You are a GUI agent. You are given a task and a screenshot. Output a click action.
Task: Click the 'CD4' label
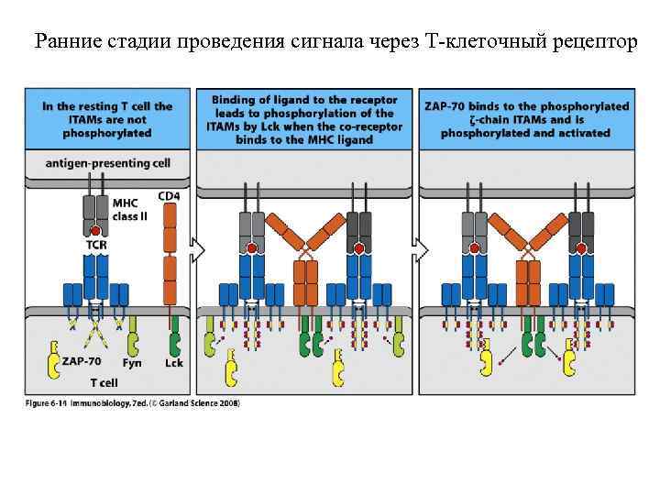click(169, 195)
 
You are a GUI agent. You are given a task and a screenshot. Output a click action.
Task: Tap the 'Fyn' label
click(132, 363)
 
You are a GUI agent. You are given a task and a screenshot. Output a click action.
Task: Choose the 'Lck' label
click(173, 363)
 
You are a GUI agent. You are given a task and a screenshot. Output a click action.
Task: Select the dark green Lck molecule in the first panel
click(173, 343)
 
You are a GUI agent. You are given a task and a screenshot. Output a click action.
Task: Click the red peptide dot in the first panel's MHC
click(94, 232)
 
